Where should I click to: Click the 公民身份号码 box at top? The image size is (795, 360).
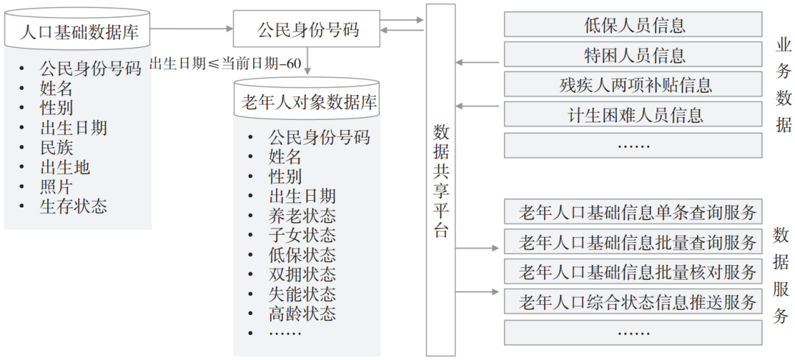pyautogui.click(x=308, y=30)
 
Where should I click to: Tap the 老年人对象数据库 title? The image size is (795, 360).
pyautogui.click(x=308, y=102)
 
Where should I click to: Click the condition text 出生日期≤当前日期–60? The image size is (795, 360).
pyautogui.click(x=225, y=63)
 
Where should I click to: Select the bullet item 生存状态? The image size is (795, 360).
pyautogui.click(x=73, y=207)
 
